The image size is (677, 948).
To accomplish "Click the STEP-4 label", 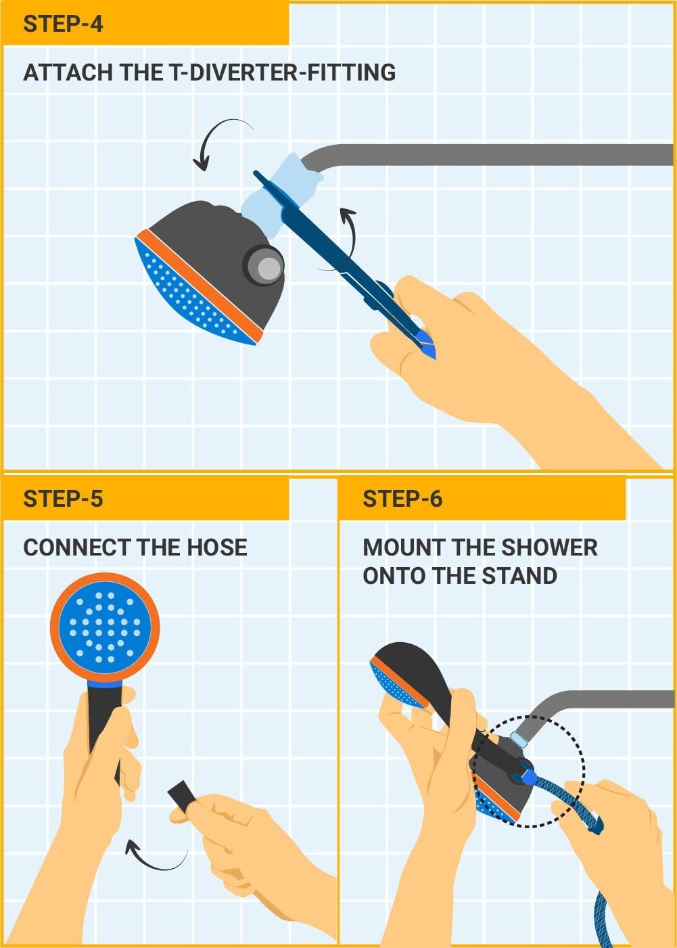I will (x=63, y=24).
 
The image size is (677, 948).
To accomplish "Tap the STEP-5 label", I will (x=63, y=499).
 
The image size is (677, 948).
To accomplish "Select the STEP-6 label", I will (x=402, y=499).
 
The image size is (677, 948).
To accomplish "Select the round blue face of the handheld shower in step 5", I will (x=105, y=626).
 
